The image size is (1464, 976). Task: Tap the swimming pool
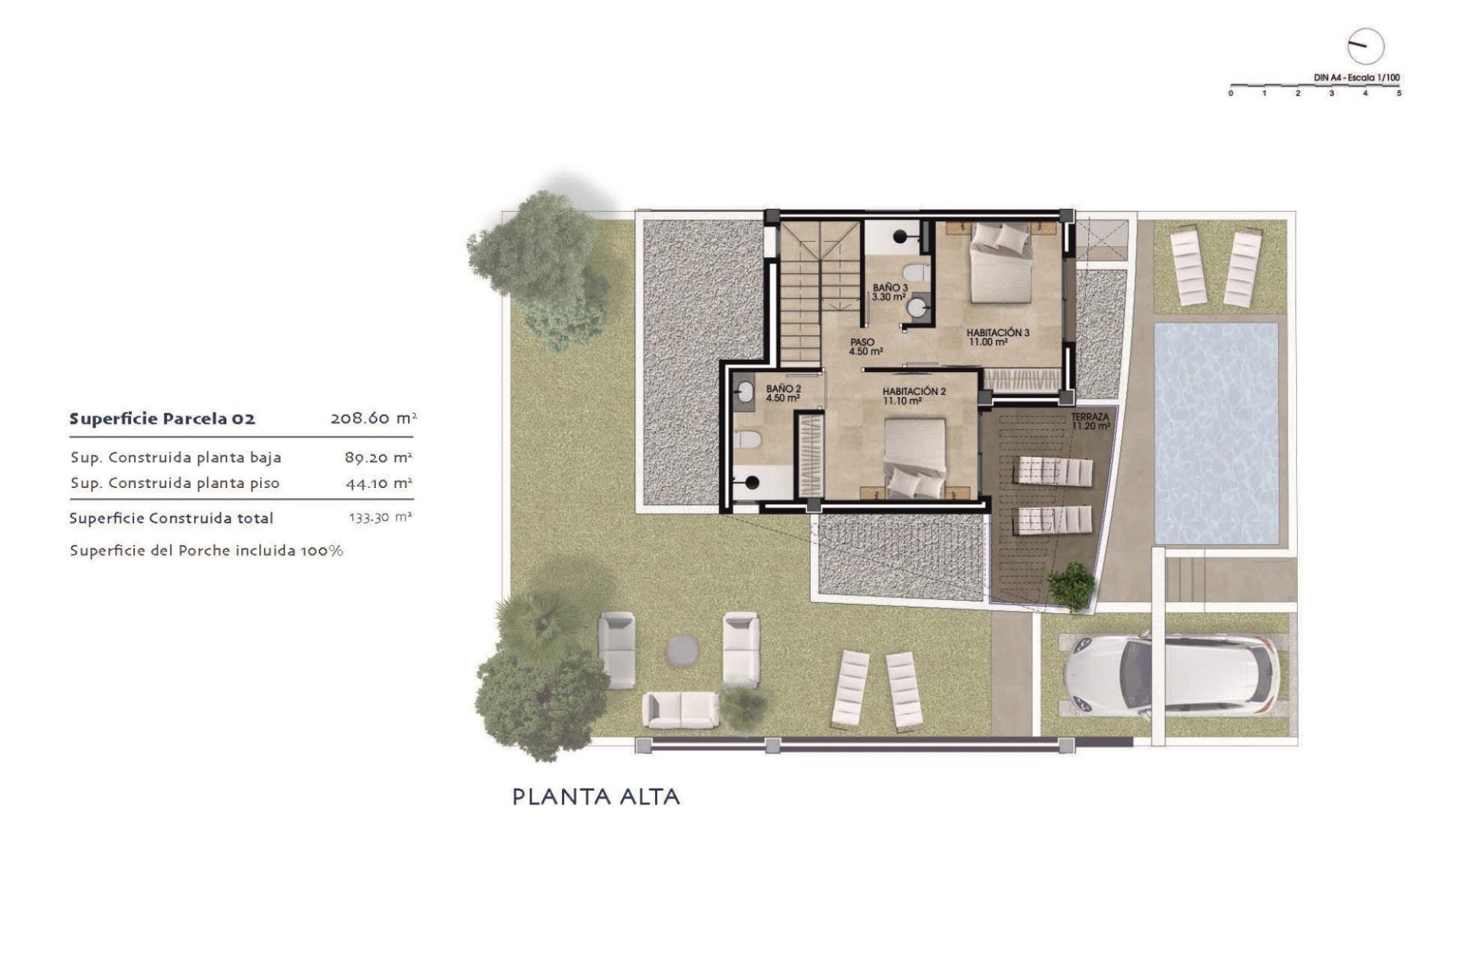click(1216, 432)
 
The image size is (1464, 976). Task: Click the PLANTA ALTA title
click(596, 797)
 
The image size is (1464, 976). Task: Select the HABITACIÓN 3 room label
click(997, 333)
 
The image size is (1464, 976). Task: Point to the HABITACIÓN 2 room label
click(914, 391)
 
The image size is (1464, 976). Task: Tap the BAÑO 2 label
click(783, 389)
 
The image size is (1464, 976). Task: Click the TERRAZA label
click(1090, 418)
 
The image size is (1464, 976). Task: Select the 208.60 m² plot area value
click(373, 418)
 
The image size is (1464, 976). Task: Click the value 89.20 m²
click(378, 457)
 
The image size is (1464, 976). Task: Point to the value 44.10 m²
click(378, 483)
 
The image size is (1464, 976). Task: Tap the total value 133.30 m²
click(380, 517)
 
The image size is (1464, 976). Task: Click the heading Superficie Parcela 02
click(162, 419)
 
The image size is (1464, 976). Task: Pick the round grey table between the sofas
click(682, 650)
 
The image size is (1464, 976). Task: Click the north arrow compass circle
click(1365, 47)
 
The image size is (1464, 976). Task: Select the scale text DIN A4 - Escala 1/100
click(1356, 78)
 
